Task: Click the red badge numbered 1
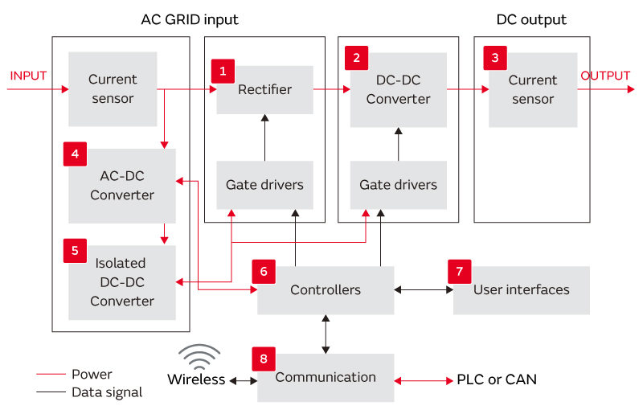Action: coord(223,71)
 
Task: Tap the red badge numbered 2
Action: coord(356,58)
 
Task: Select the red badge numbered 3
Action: coord(495,58)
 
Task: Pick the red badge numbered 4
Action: coord(75,154)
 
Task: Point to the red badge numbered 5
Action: coord(75,250)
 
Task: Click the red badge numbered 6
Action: coord(264,271)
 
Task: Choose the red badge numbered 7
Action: coord(460,271)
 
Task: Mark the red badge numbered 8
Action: coord(264,359)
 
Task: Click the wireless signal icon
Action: coord(199,357)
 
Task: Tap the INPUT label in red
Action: coord(28,76)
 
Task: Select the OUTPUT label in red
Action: coord(605,76)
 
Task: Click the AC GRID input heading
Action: coord(190,19)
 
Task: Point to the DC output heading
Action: coord(530,19)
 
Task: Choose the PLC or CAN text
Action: coord(497,379)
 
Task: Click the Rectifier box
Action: coord(264,90)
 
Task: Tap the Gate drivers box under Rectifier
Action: coord(264,185)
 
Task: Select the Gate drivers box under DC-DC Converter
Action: coord(398,185)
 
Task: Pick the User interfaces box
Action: coord(521,290)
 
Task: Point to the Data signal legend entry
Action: coord(106,392)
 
